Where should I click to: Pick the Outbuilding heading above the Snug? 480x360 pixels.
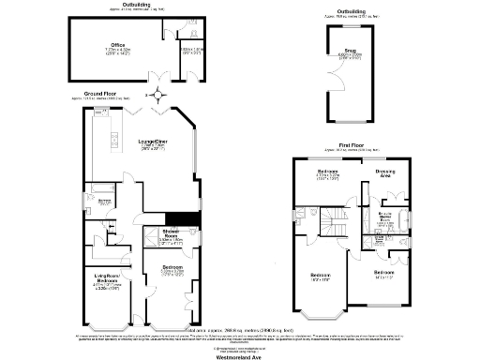tap(352, 11)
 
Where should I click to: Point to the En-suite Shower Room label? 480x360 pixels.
tap(384, 217)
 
